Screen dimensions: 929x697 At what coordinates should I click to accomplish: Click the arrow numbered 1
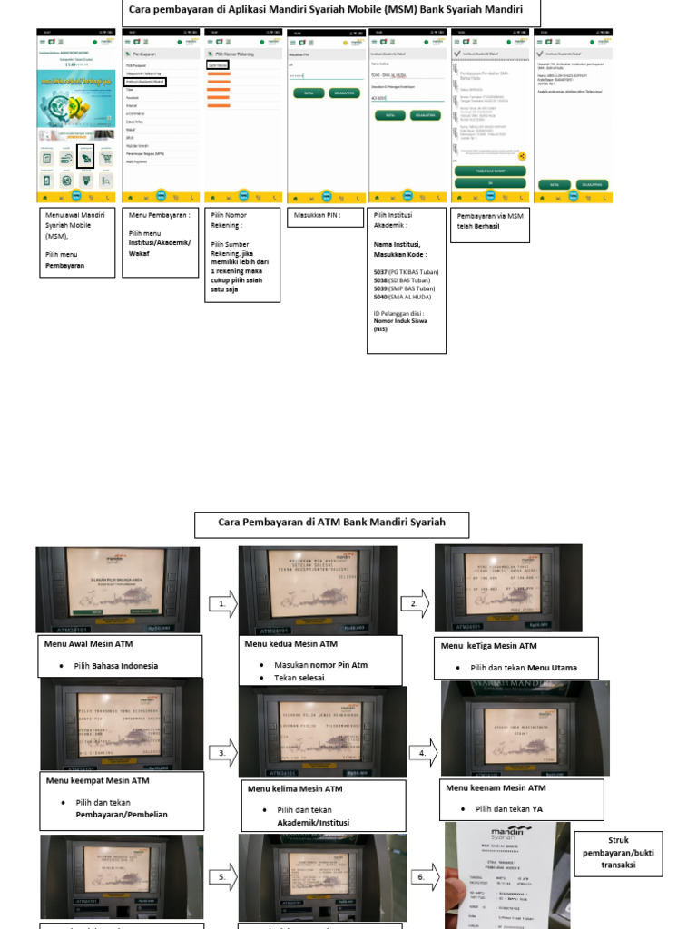[222, 602]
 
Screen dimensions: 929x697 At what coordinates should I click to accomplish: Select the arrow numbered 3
[222, 753]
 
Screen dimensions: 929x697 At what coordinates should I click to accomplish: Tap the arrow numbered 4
[423, 753]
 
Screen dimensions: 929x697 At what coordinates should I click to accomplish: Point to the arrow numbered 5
[222, 877]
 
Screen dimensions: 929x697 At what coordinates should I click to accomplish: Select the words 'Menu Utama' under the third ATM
[552, 668]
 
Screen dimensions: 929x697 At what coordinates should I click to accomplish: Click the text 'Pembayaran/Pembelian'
[122, 815]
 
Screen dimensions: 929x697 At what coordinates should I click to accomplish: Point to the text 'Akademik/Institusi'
[313, 822]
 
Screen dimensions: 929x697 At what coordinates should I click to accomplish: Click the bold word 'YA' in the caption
[538, 808]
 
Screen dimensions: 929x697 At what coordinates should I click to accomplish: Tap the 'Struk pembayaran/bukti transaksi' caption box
[618, 852]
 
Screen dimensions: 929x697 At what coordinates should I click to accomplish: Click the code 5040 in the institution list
[380, 297]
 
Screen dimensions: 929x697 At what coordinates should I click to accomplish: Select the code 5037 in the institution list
[380, 272]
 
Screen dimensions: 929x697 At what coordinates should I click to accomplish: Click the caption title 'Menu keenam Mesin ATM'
[496, 787]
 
